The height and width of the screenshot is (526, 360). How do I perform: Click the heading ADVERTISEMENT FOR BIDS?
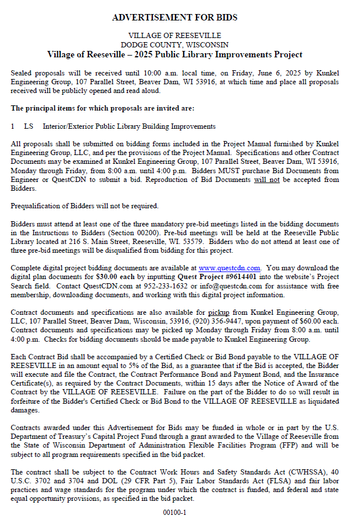coord(174,18)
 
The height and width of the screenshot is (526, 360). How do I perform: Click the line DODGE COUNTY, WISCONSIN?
coord(174,44)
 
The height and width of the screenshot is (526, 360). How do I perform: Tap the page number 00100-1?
coord(174,513)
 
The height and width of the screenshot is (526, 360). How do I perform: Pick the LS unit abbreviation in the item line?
coord(29,126)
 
